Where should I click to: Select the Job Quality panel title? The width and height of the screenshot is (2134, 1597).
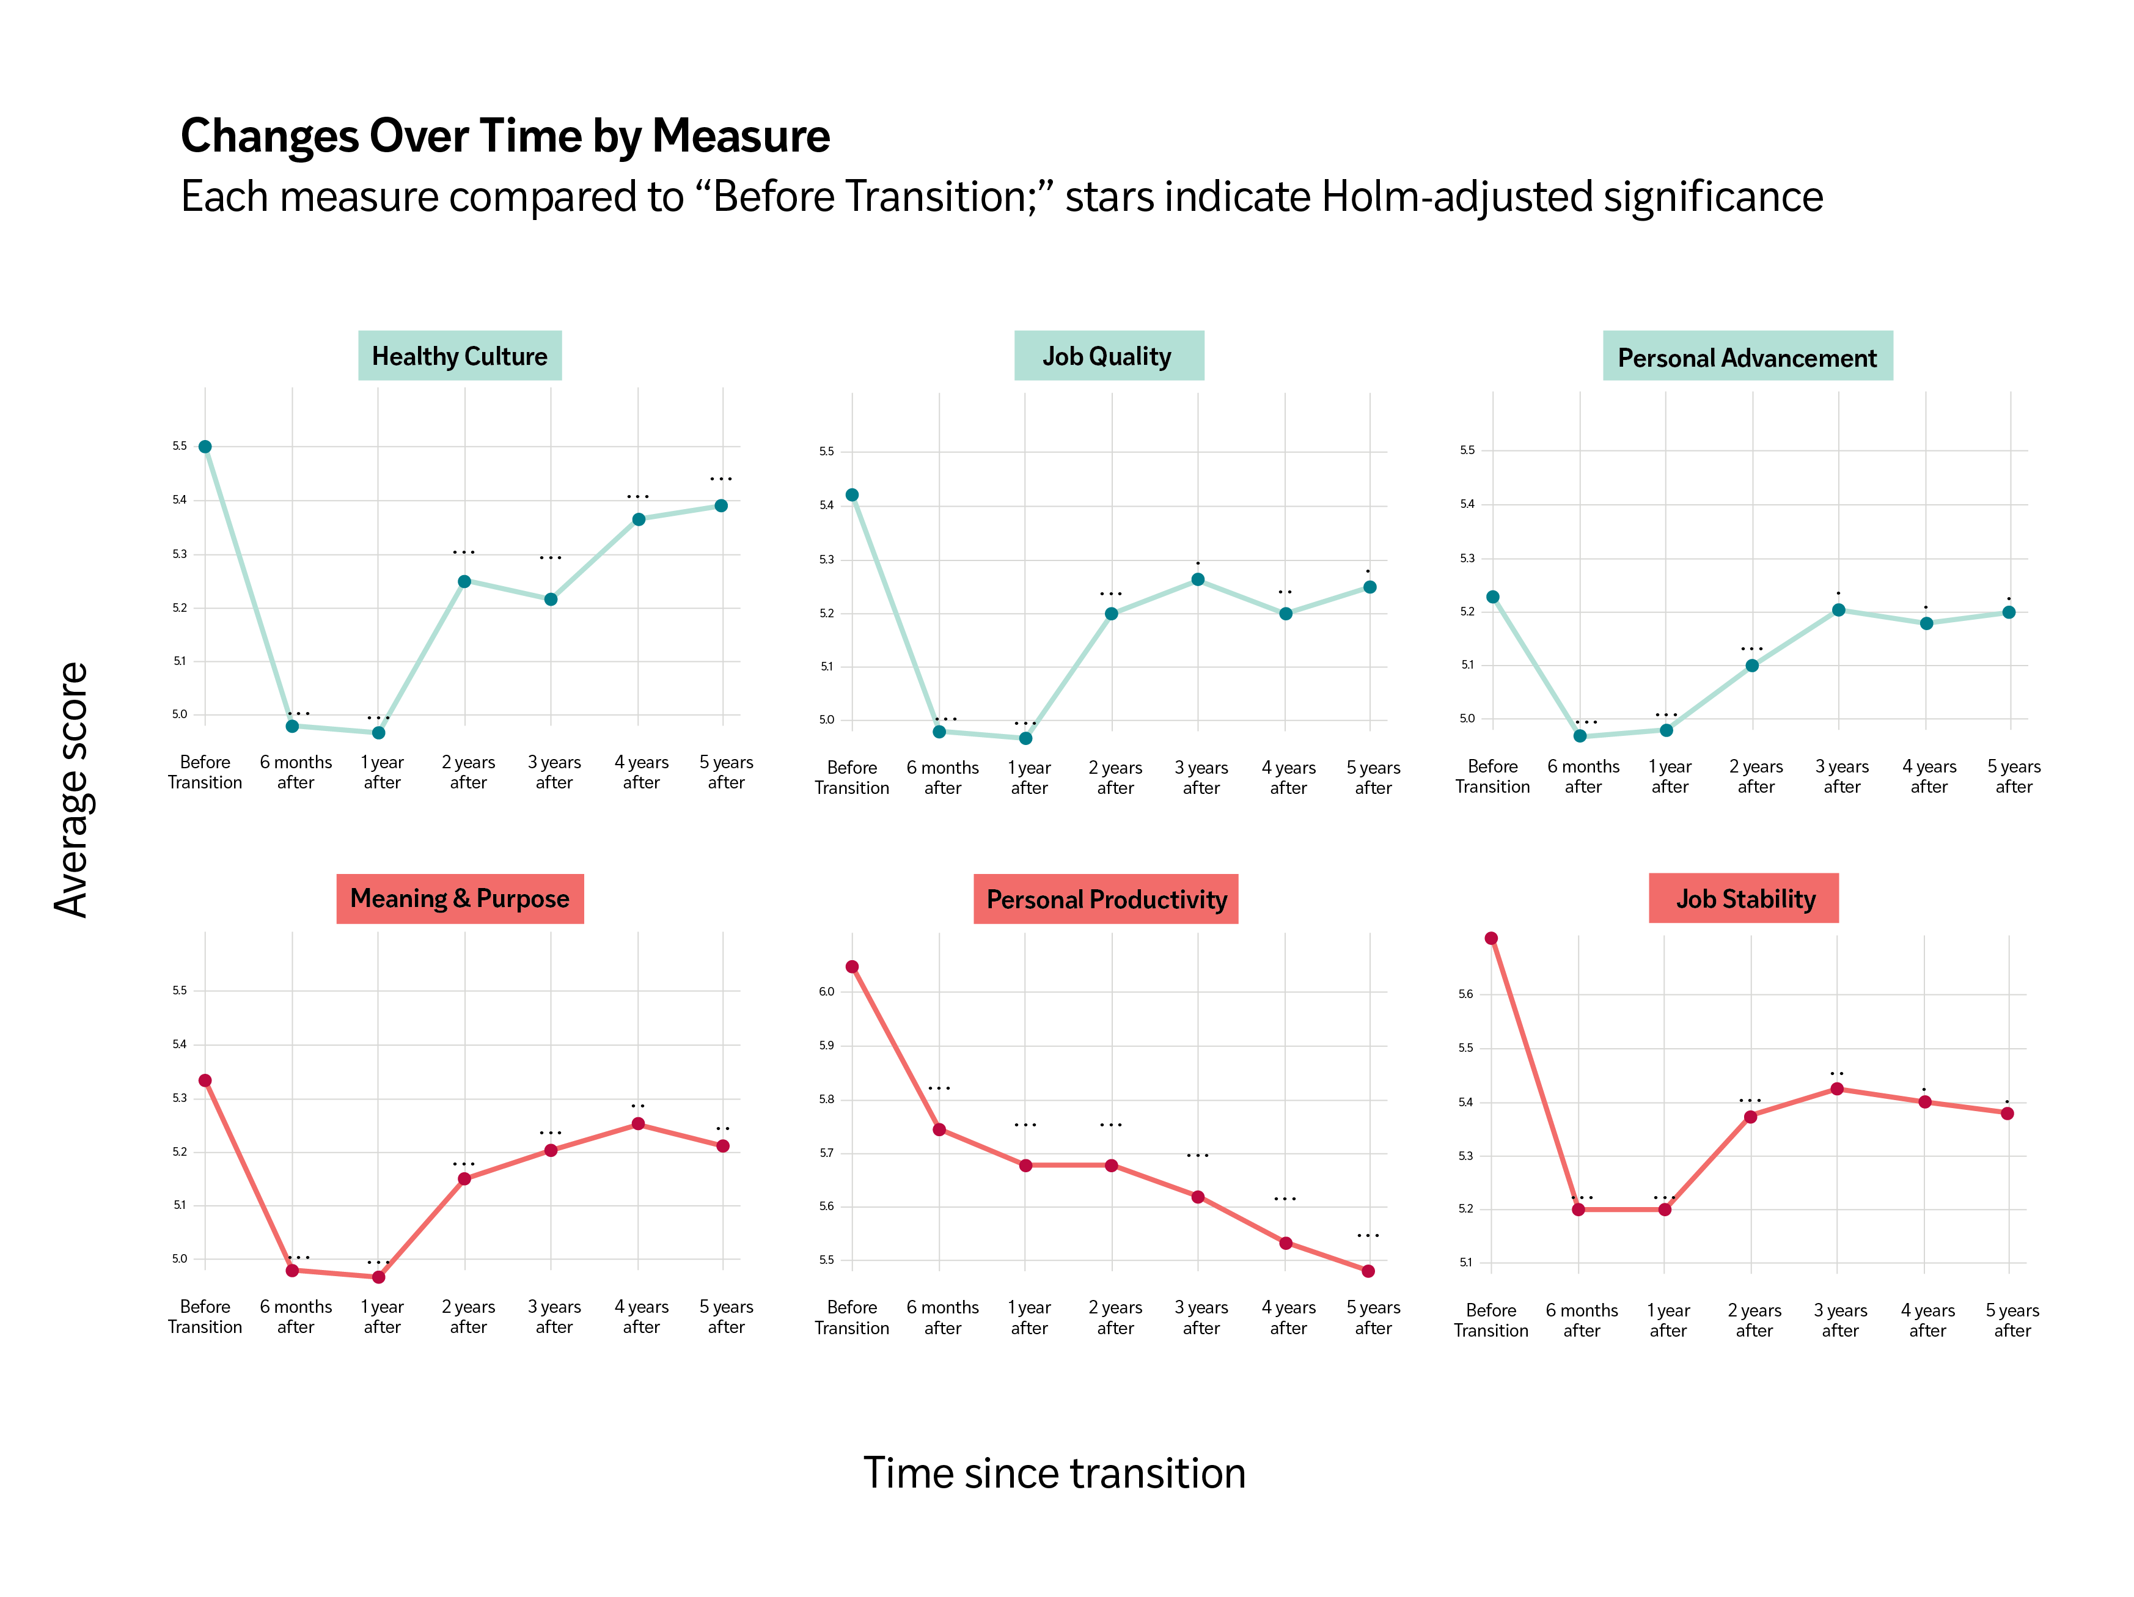[1107, 356]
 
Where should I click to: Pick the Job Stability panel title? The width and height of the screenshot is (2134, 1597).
[1744, 898]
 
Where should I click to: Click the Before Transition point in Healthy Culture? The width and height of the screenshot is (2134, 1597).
[205, 447]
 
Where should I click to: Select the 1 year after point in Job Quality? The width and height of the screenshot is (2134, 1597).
[1025, 738]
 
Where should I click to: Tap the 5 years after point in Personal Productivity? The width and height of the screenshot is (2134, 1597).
[1368, 1271]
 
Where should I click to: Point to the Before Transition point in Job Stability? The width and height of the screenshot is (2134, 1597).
[1491, 938]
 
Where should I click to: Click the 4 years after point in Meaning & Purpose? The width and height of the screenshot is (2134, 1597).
[637, 1124]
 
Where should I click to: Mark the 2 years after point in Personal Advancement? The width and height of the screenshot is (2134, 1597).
[1752, 666]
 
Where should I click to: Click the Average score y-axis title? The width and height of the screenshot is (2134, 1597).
[71, 790]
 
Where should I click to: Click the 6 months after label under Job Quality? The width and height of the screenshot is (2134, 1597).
[942, 778]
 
